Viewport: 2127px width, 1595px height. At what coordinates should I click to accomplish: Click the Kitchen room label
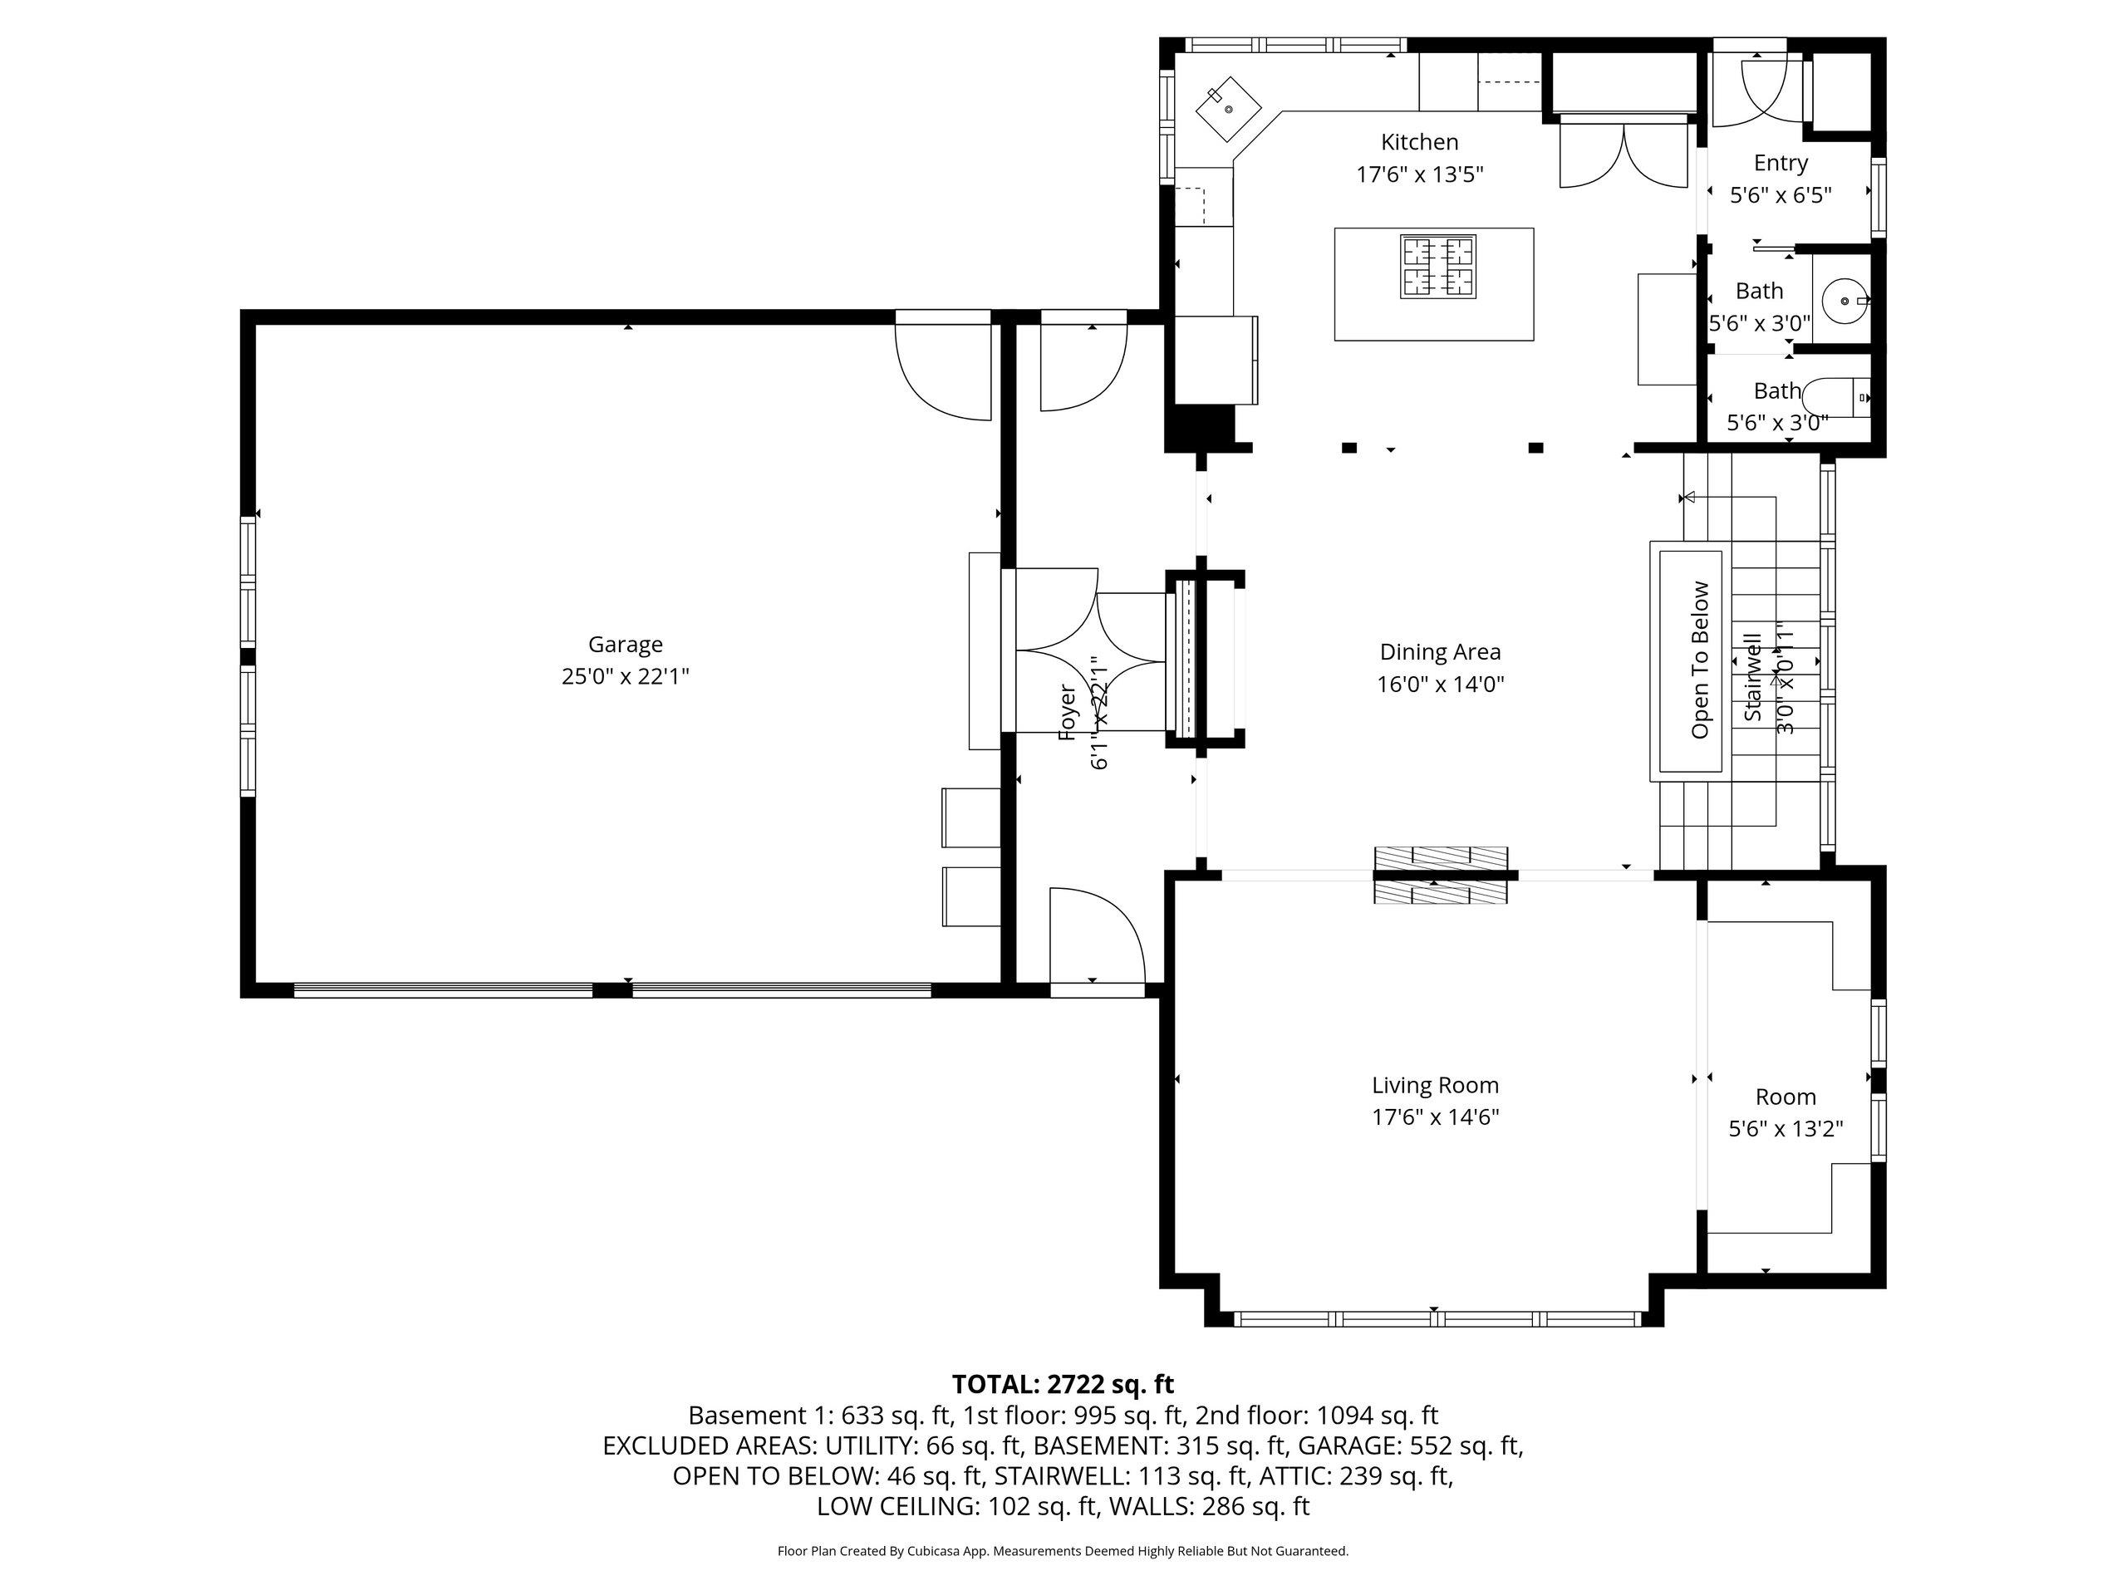pos(1419,142)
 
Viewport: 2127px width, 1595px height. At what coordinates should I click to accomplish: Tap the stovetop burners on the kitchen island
pos(1437,267)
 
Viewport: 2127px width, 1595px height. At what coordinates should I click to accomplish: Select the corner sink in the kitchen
pos(1228,110)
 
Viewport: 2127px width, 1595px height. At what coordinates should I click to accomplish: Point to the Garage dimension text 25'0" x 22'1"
pos(625,677)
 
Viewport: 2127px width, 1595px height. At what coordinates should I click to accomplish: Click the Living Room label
pos(1436,1086)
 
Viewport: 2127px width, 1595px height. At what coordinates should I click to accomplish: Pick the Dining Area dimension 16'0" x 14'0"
pos(1440,685)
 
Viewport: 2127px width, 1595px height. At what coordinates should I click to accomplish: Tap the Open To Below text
pos(1700,660)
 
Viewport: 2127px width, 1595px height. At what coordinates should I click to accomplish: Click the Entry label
pos(1781,163)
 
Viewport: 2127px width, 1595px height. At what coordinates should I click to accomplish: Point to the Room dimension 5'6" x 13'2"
pos(1786,1129)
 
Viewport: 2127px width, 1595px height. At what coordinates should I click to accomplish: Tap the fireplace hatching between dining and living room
pos(1441,875)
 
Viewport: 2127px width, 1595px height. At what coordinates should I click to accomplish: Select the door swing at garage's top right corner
pos(943,366)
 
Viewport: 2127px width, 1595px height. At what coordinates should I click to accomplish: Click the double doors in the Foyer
pos(1092,650)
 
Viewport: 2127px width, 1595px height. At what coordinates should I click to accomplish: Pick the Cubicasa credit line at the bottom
pos(1063,1551)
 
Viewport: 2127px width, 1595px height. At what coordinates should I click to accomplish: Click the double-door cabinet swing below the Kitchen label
pos(1623,154)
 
